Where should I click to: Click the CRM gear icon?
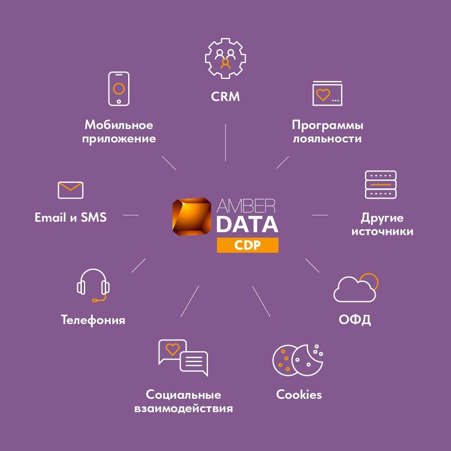(x=225, y=58)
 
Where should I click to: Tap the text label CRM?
(x=225, y=97)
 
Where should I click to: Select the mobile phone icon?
(x=119, y=89)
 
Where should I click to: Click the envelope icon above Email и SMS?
(x=71, y=190)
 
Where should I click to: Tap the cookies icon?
(x=297, y=360)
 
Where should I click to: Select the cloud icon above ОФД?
(x=355, y=288)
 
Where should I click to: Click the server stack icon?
(x=381, y=185)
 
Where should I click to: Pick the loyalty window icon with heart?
(x=327, y=94)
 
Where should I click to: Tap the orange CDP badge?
(x=248, y=245)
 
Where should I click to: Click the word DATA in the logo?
(x=247, y=224)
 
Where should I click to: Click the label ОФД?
(x=355, y=320)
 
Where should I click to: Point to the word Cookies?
(x=299, y=394)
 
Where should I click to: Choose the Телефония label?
(x=93, y=320)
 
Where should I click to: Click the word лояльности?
(x=327, y=139)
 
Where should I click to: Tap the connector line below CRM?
(x=225, y=142)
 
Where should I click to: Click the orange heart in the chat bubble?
(x=172, y=349)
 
